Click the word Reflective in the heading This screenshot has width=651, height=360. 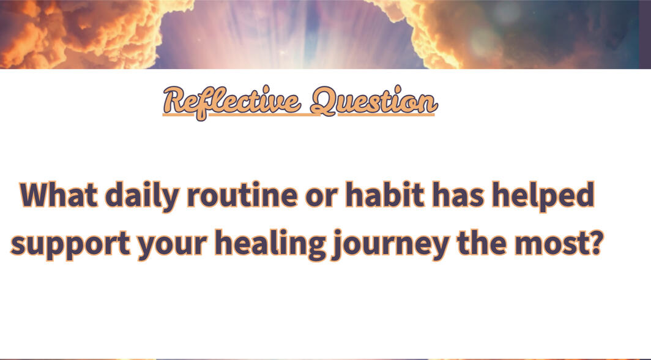(x=232, y=102)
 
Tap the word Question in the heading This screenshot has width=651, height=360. (x=374, y=101)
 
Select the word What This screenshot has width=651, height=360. (x=59, y=194)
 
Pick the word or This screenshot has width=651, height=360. (x=321, y=198)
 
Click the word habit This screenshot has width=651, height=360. (x=385, y=194)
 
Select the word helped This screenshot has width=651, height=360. (x=543, y=197)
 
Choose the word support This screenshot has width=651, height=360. (x=70, y=246)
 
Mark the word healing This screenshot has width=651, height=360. (x=270, y=245)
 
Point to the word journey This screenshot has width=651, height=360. (x=390, y=245)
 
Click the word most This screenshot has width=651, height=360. (x=551, y=244)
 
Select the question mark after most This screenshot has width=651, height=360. (x=595, y=242)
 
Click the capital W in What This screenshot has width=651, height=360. (x=38, y=195)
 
